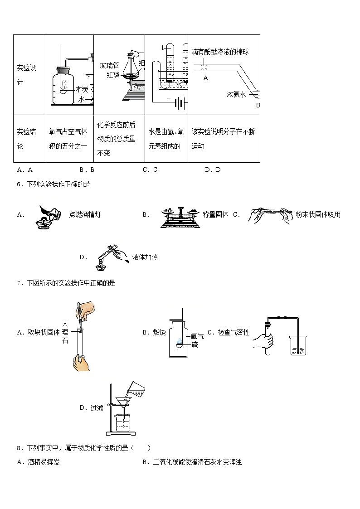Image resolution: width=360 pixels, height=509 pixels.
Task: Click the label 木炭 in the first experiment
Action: click(82, 89)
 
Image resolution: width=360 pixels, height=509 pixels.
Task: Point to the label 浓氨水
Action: click(236, 94)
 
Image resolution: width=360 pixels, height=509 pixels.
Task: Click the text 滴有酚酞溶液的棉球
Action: click(220, 52)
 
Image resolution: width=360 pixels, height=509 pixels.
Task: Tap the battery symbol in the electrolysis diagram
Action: click(180, 104)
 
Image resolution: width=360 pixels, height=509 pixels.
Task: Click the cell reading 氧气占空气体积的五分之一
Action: click(68, 139)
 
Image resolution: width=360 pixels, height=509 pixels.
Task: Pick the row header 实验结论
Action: click(26, 139)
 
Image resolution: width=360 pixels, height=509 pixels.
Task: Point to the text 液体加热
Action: click(145, 257)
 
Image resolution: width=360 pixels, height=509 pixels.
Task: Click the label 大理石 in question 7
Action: click(65, 332)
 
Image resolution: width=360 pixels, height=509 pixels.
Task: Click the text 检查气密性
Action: click(234, 332)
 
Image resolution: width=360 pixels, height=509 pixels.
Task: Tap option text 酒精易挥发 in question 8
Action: click(44, 462)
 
